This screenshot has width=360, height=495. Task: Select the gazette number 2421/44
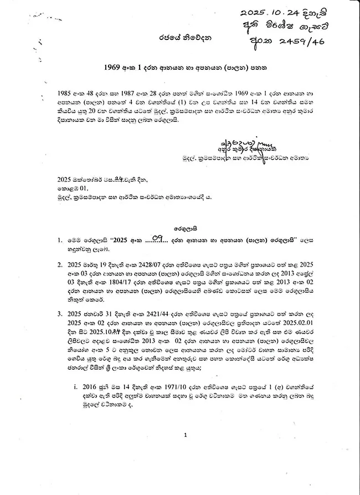click(146, 314)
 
